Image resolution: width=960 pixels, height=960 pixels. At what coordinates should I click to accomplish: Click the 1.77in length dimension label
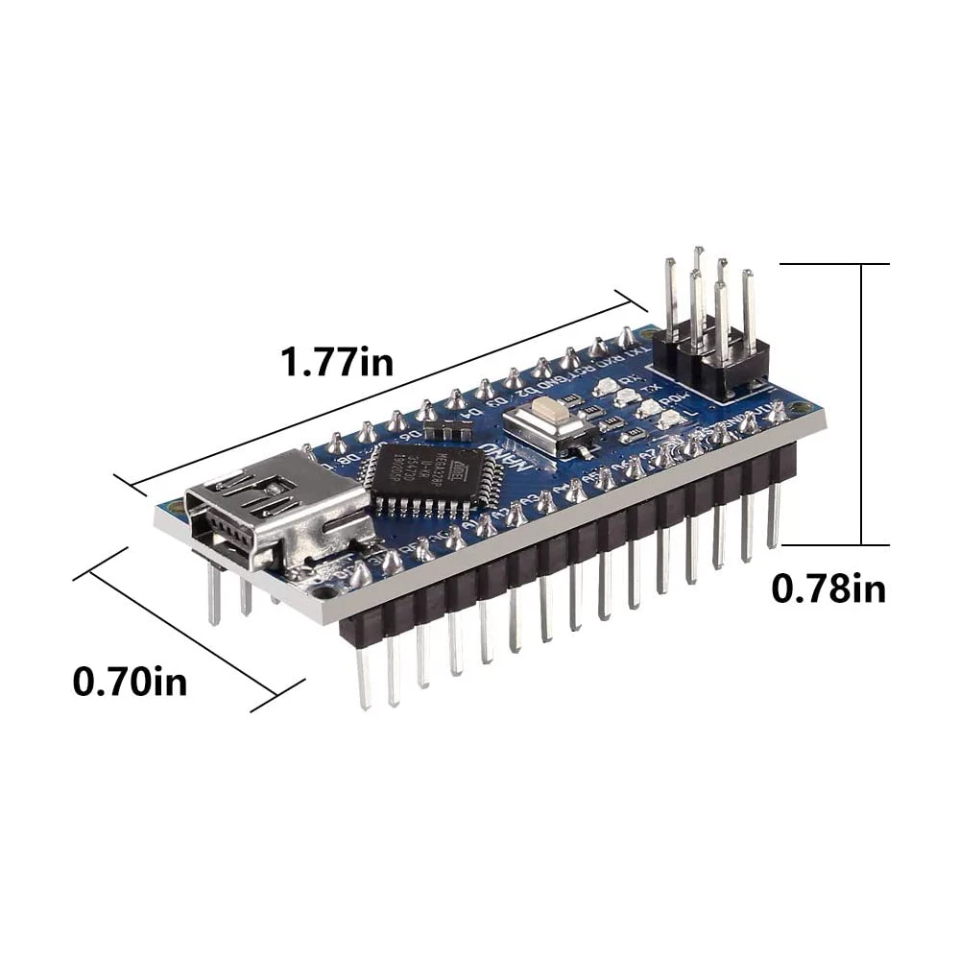tap(336, 363)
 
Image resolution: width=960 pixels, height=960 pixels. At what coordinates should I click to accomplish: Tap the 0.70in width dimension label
tap(130, 683)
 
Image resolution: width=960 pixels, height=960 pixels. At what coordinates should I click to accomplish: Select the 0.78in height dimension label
tap(828, 588)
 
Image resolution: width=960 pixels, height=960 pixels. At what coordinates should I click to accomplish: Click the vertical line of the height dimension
tap(862, 403)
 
